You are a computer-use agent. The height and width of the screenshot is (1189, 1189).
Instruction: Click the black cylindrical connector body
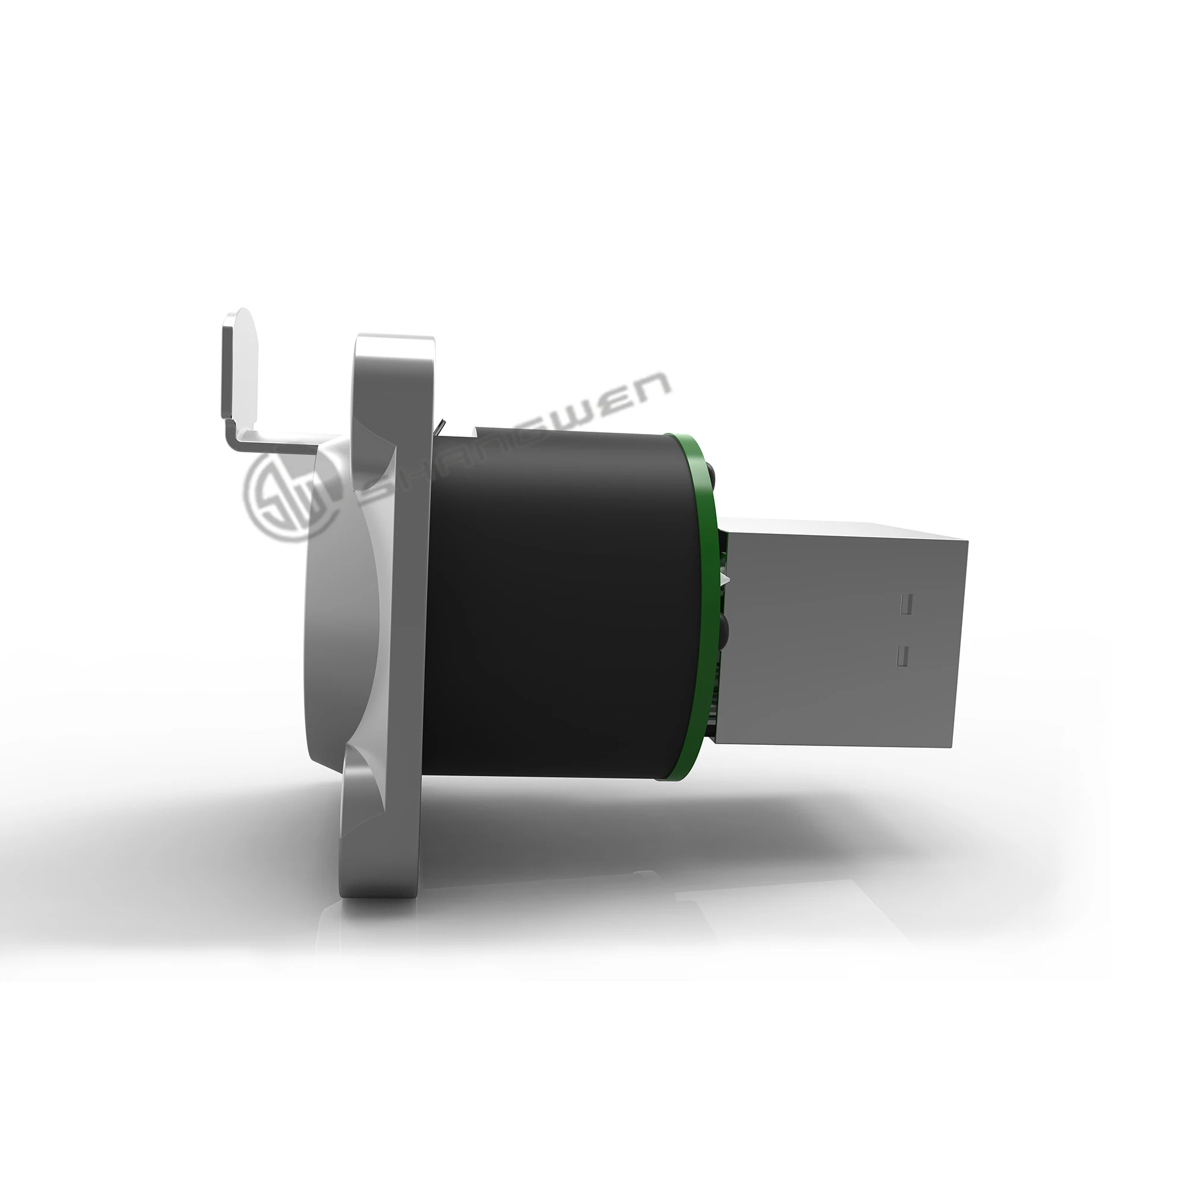point(554,603)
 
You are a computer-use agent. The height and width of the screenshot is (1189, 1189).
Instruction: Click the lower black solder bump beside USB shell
point(722,628)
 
